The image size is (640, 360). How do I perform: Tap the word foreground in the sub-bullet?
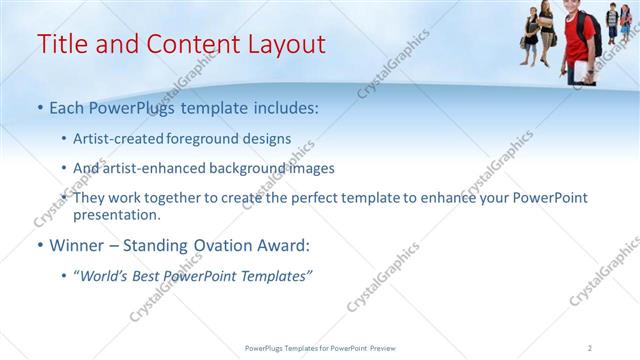(221, 138)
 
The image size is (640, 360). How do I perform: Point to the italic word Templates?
(276, 275)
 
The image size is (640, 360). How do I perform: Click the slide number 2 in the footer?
(590, 347)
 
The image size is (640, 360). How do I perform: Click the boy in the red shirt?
(579, 40)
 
